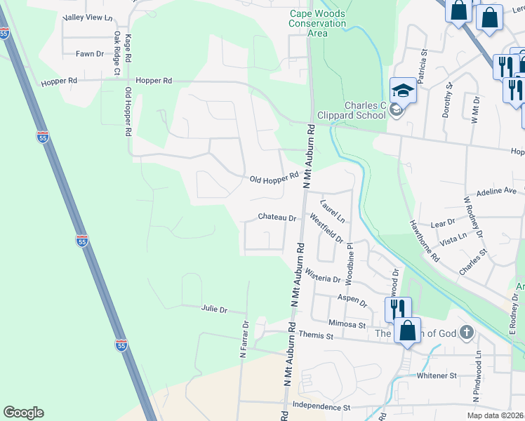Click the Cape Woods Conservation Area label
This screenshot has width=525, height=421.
318,23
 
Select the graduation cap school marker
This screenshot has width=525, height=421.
403,91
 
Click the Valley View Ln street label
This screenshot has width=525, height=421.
88,17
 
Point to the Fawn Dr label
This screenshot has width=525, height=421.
90,53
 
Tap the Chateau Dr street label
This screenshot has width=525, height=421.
277,218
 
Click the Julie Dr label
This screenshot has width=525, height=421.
215,309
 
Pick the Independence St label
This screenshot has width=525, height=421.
321,407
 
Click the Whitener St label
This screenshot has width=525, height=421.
437,376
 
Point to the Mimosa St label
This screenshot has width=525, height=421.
348,324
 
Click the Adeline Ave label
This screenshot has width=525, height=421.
496,191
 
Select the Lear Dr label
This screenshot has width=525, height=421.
443,222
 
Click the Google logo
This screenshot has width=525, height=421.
23,413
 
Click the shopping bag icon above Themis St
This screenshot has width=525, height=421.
407,330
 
